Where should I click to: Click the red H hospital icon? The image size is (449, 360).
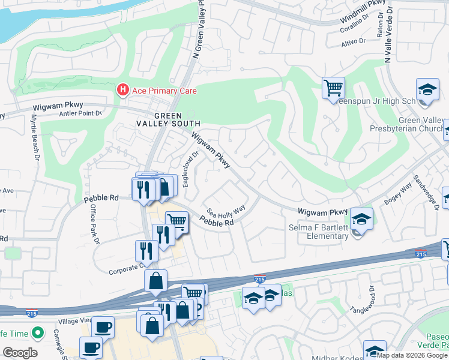[123, 91]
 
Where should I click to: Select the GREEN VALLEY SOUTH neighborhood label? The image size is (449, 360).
[176, 119]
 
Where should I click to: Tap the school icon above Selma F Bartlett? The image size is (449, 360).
[361, 218]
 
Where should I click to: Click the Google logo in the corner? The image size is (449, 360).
[20, 353]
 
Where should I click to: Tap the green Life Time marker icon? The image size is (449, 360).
[38, 332]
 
